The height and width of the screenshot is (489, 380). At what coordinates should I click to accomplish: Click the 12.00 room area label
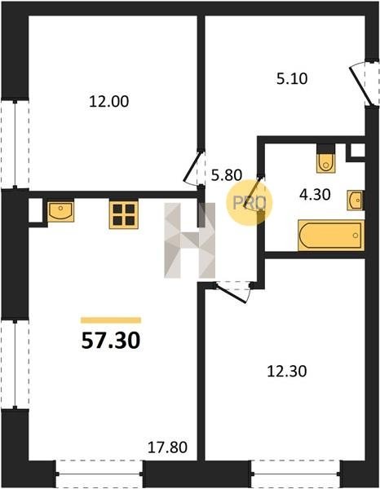click(x=108, y=102)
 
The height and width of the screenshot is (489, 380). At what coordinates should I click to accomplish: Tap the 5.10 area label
click(x=292, y=78)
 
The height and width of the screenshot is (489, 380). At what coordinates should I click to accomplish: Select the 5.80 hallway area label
click(x=227, y=175)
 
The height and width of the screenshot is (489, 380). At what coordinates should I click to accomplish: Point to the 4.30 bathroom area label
click(x=315, y=195)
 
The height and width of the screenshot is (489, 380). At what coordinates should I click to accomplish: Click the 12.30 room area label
click(x=287, y=371)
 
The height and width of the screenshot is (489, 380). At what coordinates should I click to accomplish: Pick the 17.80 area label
click(x=167, y=447)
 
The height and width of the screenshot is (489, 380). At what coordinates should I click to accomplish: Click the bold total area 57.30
click(x=111, y=340)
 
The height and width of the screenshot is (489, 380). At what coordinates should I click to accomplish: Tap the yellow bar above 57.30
click(x=111, y=320)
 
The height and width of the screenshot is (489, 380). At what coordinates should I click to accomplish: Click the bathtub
click(x=331, y=236)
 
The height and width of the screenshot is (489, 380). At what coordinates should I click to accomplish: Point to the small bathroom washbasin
click(x=356, y=200)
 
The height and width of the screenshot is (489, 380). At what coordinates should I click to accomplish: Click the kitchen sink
click(x=61, y=211)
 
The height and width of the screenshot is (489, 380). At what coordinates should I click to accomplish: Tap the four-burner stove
click(x=124, y=214)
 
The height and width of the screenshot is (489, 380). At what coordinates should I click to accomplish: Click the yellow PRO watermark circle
click(x=250, y=203)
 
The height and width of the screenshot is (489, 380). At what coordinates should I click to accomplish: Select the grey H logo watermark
click(x=190, y=240)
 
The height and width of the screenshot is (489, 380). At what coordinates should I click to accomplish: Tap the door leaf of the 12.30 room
click(x=232, y=293)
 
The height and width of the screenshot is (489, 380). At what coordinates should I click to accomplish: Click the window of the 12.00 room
click(x=15, y=144)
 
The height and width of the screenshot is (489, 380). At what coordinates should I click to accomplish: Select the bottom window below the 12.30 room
click(x=296, y=474)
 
